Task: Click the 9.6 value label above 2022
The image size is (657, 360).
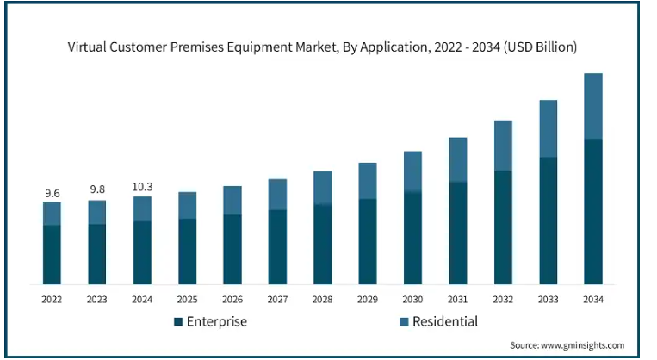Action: click(52, 193)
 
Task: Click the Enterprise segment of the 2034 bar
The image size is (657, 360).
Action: click(592, 211)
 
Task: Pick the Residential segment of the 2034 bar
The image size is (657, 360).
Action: click(592, 106)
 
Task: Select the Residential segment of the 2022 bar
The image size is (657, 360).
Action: click(52, 214)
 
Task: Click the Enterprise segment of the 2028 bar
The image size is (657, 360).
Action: click(322, 244)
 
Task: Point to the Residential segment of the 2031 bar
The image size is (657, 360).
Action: click(457, 160)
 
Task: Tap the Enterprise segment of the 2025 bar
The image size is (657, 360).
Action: click(187, 251)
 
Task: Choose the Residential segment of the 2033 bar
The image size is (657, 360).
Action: click(548, 129)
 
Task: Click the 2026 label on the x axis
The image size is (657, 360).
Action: click(232, 299)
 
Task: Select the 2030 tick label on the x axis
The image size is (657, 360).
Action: click(412, 299)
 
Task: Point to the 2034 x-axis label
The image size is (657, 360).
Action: click(592, 299)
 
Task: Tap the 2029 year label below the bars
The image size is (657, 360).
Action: click(368, 299)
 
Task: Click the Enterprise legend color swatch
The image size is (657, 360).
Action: click(178, 322)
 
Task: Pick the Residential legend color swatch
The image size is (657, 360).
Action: click(402, 322)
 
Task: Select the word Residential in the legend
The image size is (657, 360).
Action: click(444, 322)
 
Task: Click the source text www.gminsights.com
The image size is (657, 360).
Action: click(582, 344)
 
